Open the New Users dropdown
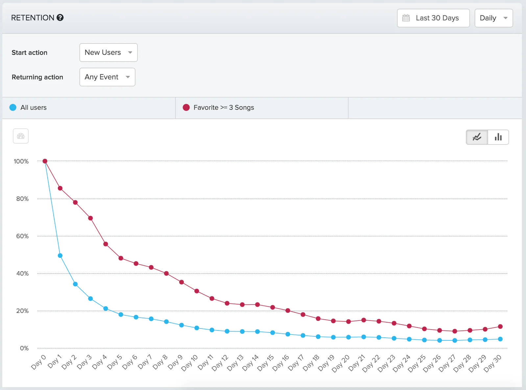(108, 53)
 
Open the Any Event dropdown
(107, 77)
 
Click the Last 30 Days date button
(433, 18)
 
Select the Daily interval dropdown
(493, 18)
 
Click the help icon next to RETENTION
(60, 18)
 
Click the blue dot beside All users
(13, 108)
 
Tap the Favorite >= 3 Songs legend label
(224, 108)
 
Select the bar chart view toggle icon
(498, 137)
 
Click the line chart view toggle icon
(477, 137)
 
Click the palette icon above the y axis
(21, 136)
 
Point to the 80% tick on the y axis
(22, 199)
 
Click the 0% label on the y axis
(24, 348)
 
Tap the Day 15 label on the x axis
(266, 362)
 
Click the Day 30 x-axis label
(492, 363)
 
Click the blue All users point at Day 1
(60, 256)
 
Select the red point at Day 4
(106, 244)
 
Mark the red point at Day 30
(500, 327)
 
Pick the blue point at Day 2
(75, 284)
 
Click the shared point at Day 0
(45, 161)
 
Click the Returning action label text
(37, 77)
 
